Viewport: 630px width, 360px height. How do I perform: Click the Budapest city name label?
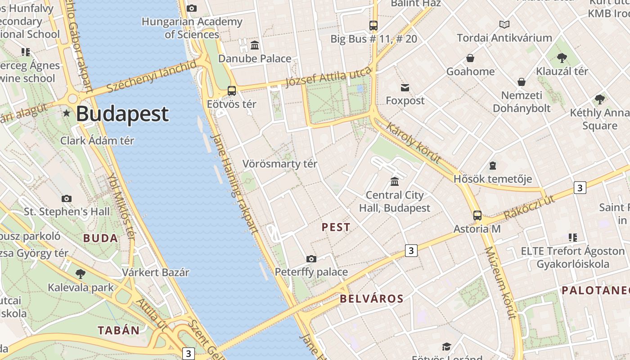(122, 114)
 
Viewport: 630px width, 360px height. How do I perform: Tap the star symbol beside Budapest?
(67, 113)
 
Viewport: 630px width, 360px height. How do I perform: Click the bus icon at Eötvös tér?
(232, 91)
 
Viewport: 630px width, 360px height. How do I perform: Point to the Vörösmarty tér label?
(280, 164)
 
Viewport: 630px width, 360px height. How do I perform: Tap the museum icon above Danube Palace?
(255, 45)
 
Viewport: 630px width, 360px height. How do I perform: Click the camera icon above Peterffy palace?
(311, 259)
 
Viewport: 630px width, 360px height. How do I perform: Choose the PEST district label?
(336, 227)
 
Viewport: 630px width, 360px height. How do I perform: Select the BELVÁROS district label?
(372, 298)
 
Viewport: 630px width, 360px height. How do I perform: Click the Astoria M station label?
(477, 229)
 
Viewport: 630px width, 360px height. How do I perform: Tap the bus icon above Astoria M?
(477, 216)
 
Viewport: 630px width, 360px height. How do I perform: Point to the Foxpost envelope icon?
(405, 87)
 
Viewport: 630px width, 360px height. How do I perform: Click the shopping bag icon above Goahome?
(470, 58)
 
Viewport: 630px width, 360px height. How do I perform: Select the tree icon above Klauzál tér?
(562, 58)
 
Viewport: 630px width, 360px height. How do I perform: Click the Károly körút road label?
(413, 142)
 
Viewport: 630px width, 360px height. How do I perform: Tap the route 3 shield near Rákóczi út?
(580, 188)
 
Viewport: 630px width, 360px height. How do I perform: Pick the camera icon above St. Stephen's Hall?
(67, 198)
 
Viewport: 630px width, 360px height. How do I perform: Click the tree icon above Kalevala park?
(81, 274)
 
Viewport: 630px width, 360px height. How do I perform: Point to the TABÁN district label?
(119, 330)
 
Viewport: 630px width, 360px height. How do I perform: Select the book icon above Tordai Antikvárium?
(504, 24)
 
